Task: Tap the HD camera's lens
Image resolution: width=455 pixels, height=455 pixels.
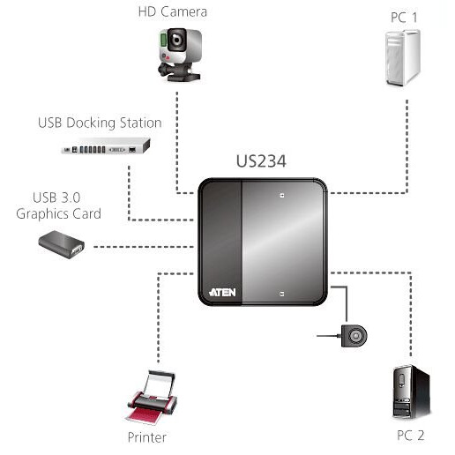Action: pyautogui.click(x=177, y=41)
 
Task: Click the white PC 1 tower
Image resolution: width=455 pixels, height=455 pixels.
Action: pyautogui.click(x=402, y=57)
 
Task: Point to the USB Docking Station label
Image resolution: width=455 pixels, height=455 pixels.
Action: pyautogui.click(x=100, y=123)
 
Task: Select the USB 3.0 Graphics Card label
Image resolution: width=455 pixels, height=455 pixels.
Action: pyautogui.click(x=67, y=205)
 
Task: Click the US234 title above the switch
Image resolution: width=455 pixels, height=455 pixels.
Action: pyautogui.click(x=262, y=162)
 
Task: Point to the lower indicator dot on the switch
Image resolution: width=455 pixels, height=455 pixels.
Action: pyautogui.click(x=281, y=292)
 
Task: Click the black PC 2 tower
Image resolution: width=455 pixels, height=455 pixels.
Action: pyautogui.click(x=410, y=392)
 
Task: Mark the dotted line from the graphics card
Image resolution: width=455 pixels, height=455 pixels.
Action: pyautogui.click(x=141, y=246)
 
